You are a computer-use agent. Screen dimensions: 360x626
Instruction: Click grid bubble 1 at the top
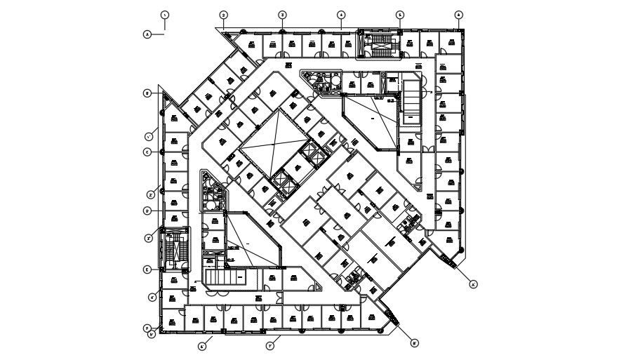(x=164, y=14)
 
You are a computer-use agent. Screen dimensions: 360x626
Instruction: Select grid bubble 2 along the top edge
(x=223, y=14)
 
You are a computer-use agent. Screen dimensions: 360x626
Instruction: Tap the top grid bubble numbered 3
(x=282, y=14)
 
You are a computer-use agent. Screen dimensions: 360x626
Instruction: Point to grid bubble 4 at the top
(x=340, y=14)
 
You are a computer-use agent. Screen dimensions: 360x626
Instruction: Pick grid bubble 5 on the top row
(x=400, y=14)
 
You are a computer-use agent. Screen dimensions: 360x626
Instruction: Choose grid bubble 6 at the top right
(x=458, y=14)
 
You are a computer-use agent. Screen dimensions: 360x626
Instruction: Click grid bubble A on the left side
(x=147, y=33)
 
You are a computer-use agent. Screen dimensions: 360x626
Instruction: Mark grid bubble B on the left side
(x=147, y=93)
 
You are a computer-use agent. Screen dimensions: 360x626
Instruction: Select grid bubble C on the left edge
(x=147, y=152)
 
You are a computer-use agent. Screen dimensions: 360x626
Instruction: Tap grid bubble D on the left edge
(x=147, y=210)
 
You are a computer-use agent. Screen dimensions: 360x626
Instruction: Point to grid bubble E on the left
(x=147, y=269)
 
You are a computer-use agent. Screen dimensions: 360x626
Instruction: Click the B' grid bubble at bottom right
(x=415, y=343)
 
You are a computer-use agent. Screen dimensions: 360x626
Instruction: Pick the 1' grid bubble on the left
(x=149, y=136)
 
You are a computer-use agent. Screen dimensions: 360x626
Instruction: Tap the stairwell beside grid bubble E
(x=173, y=249)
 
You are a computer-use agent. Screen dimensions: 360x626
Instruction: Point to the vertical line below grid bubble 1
(x=164, y=25)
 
